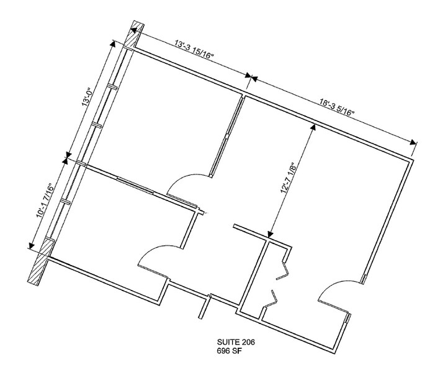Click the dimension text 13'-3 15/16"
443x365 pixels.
[194, 50]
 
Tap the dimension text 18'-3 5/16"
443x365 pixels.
[337, 106]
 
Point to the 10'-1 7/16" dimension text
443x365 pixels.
[45, 199]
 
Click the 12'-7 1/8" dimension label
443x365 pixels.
[288, 178]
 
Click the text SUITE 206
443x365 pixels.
[236, 342]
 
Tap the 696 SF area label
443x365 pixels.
[229, 351]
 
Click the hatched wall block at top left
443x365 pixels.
[134, 35]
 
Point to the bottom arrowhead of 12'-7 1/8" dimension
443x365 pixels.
[270, 234]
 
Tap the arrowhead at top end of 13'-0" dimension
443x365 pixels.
[114, 43]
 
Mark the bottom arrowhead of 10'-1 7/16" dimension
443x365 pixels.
[31, 245]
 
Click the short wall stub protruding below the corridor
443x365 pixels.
[205, 307]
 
